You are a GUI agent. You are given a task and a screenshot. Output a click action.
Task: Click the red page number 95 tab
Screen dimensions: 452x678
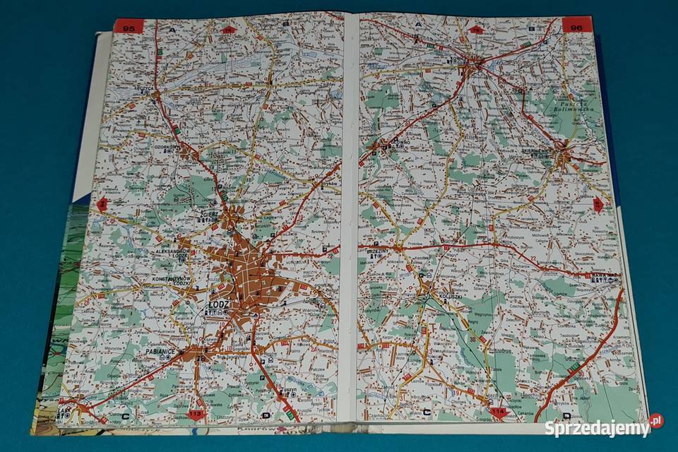click(129, 28)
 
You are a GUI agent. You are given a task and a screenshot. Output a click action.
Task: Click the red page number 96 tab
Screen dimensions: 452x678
click(576, 26)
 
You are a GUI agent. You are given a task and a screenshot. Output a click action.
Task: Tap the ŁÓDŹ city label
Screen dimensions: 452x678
click(218, 304)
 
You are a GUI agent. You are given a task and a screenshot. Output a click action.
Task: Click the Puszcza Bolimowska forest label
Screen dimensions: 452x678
click(578, 105)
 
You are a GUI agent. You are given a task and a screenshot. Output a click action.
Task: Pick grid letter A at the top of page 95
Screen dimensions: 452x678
click(172, 30)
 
